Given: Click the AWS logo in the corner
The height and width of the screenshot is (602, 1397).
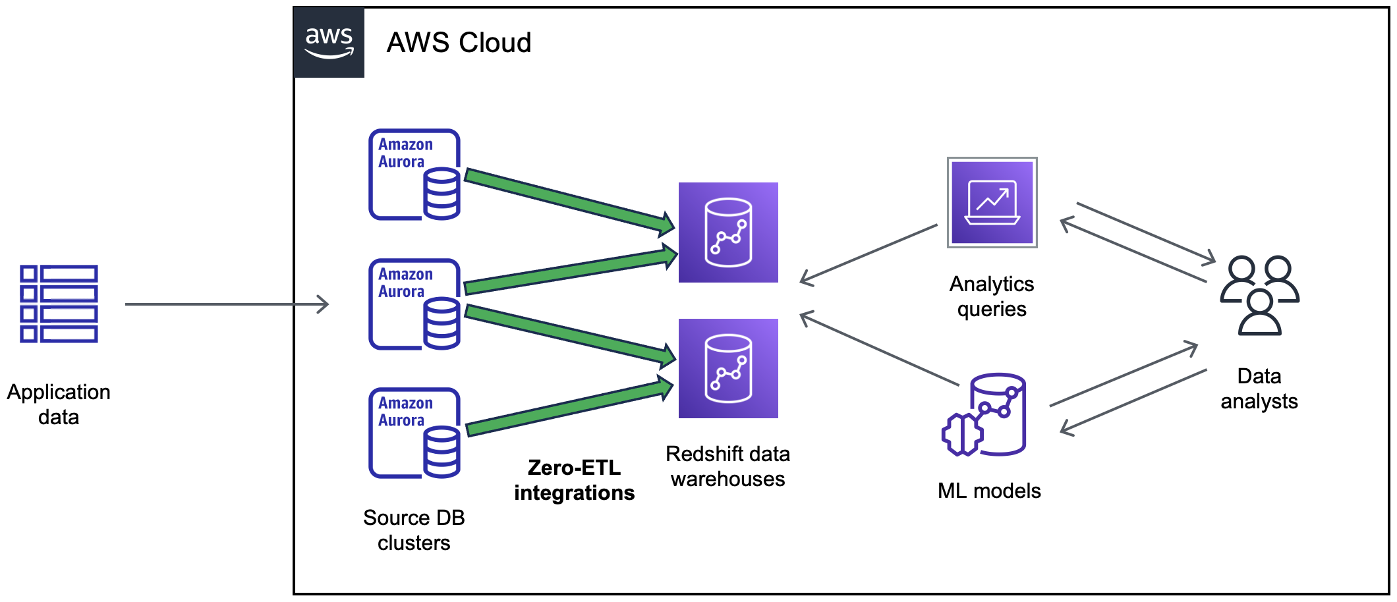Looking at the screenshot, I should (329, 43).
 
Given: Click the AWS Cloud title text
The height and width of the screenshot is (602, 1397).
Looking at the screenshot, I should (459, 43).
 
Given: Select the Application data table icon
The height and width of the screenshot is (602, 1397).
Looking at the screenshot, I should (59, 304).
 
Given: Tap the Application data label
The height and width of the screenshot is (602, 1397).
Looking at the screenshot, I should (59, 404).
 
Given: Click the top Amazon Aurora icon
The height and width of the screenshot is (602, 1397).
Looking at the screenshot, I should (414, 175).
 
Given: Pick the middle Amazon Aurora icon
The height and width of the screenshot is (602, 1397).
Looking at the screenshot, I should (414, 304).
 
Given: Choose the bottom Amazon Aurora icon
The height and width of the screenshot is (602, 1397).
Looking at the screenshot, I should (414, 433).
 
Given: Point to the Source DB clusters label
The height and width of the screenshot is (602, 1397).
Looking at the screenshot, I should (414, 530).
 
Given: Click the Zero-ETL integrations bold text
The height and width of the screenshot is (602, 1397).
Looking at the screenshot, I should (574, 480).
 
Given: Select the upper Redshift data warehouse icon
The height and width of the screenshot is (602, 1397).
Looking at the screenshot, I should (728, 233).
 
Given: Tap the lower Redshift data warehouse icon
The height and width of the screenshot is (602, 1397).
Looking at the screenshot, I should (728, 368).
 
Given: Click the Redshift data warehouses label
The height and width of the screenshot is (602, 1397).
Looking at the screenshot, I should (727, 466).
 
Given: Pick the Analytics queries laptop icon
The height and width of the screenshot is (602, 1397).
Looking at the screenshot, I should (992, 202).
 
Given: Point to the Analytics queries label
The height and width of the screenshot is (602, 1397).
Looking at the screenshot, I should (992, 296).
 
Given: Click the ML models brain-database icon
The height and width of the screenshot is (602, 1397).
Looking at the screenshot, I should (984, 415).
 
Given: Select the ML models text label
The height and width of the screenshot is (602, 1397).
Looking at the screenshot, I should (989, 491).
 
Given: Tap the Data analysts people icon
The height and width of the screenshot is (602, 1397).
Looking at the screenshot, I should (1259, 295).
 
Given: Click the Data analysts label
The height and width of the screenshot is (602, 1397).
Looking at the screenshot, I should (1259, 389).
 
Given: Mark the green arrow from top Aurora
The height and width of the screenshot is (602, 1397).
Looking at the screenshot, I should (567, 200).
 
